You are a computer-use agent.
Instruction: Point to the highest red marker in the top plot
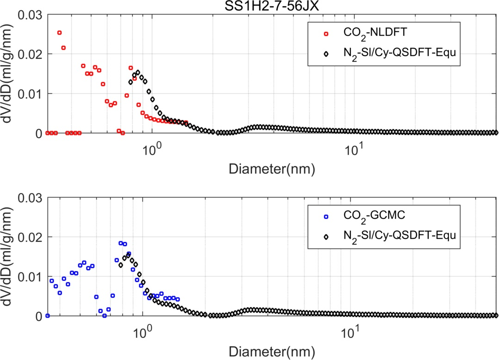click(x=59, y=32)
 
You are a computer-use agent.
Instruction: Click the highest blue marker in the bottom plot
click(x=121, y=243)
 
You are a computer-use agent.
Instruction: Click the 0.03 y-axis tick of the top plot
click(x=31, y=15)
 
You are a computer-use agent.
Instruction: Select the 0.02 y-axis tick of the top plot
click(x=31, y=54)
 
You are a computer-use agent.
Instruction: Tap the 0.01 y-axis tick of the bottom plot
click(x=31, y=277)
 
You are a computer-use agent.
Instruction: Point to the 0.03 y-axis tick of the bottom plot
click(x=31, y=198)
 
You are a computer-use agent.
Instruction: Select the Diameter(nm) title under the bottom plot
click(x=272, y=352)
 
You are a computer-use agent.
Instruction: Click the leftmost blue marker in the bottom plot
click(x=47, y=316)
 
